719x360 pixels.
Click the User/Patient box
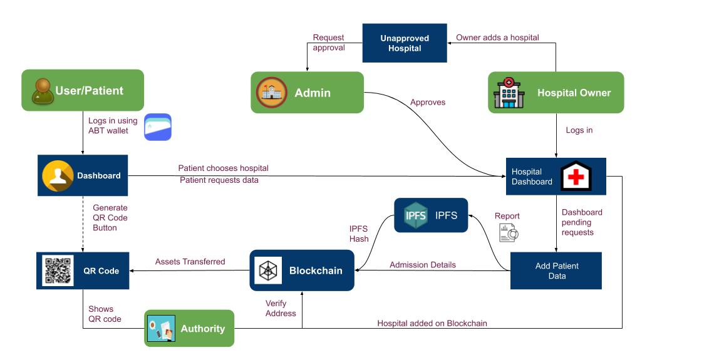pyautogui.click(x=83, y=90)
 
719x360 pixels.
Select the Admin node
pyautogui.click(x=307, y=93)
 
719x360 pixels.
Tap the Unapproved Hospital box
pyautogui.click(x=405, y=43)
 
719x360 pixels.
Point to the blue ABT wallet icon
pyautogui.click(x=158, y=127)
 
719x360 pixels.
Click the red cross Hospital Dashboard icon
pyautogui.click(x=576, y=177)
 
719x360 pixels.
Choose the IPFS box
pyautogui.click(x=431, y=215)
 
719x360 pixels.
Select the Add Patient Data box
pyautogui.click(x=556, y=270)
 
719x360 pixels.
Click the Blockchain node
pyautogui.click(x=302, y=270)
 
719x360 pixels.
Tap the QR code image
pyautogui.click(x=58, y=270)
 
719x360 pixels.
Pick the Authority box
pyautogui.click(x=189, y=328)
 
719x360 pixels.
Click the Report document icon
pyautogui.click(x=507, y=233)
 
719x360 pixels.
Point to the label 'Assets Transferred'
pyautogui.click(x=190, y=262)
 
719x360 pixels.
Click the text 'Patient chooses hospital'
pyautogui.click(x=223, y=168)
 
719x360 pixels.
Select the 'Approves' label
pyautogui.click(x=428, y=102)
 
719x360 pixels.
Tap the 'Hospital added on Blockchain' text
pyautogui.click(x=432, y=324)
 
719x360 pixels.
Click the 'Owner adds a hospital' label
pyautogui.click(x=497, y=38)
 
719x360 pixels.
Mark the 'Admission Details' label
pyautogui.click(x=423, y=265)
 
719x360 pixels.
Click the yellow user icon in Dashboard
pyautogui.click(x=58, y=176)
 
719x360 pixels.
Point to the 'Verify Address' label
pyautogui.click(x=281, y=308)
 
